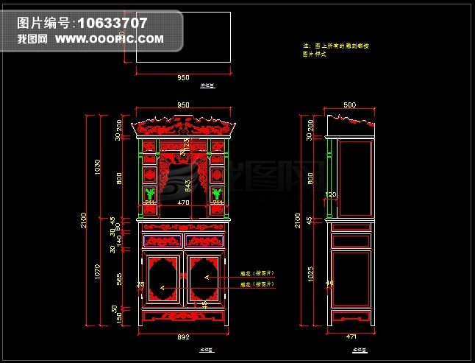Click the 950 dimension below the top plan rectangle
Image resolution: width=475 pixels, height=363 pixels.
(183, 77)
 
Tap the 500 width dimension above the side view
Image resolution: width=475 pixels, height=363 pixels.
(349, 105)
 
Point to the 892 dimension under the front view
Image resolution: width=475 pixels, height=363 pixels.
(184, 336)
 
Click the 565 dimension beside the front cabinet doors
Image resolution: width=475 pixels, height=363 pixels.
(121, 277)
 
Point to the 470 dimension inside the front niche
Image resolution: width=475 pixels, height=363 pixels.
(184, 202)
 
